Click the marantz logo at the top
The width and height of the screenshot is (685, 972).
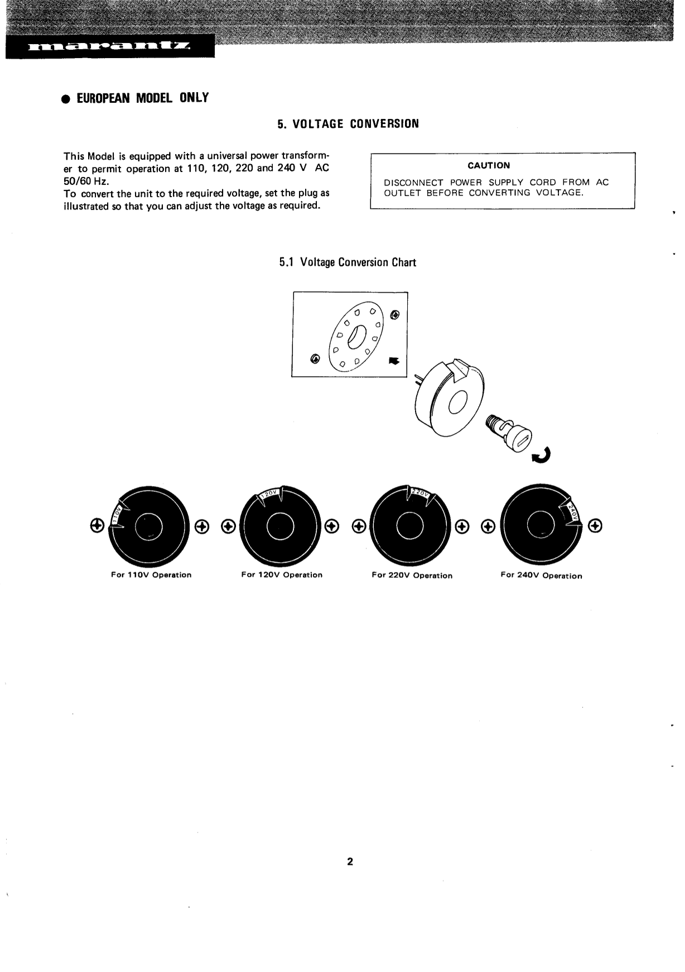pos(109,47)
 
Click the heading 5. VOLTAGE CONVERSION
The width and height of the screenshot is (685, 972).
pos(348,124)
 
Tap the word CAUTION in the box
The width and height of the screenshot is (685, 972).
pos(489,165)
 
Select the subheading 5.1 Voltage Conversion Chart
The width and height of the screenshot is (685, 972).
pos(348,262)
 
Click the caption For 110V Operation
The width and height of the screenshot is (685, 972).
pos(151,575)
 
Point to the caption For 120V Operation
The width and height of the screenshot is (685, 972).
pos(282,575)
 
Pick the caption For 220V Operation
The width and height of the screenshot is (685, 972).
pos(412,576)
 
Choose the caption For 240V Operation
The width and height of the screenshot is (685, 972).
pos(541,576)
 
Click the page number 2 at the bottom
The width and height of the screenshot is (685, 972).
pos(350,861)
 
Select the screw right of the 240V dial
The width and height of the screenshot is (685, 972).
pos(596,526)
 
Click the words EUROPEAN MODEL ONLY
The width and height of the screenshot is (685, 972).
pos(142,98)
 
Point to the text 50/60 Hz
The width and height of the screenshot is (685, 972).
pos(86,181)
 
